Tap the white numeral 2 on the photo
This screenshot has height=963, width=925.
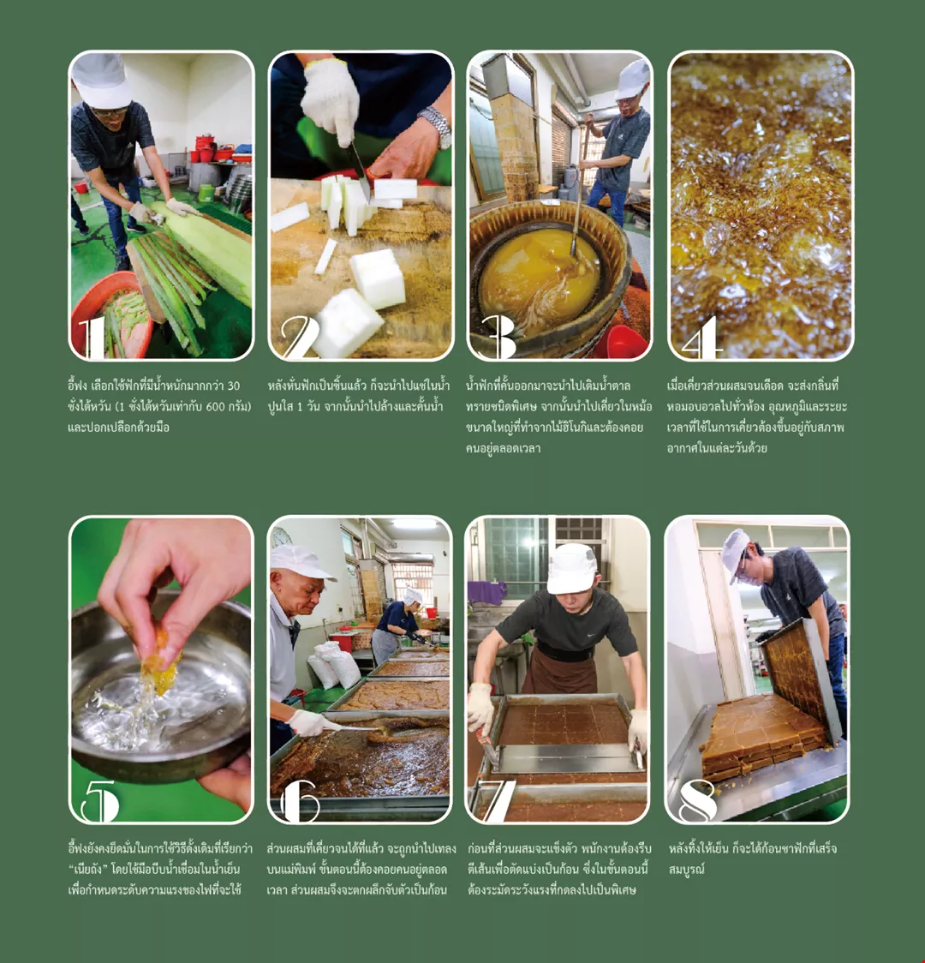click(x=300, y=337)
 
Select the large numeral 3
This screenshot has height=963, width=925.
click(x=498, y=337)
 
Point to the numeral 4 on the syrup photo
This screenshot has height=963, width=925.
click(x=701, y=338)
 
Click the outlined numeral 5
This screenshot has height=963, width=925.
click(x=100, y=801)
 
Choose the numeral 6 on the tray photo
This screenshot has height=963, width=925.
click(x=300, y=801)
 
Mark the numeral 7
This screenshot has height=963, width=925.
click(x=499, y=801)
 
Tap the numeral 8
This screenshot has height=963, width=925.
click(x=698, y=801)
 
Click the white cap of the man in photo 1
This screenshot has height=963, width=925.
click(x=101, y=80)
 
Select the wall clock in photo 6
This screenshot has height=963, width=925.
click(x=281, y=537)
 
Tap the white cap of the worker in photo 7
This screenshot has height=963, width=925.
click(x=571, y=569)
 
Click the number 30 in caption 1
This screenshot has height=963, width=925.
click(x=233, y=386)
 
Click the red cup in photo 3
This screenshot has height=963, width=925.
click(x=621, y=343)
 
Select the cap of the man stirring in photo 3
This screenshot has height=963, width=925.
click(x=633, y=81)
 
